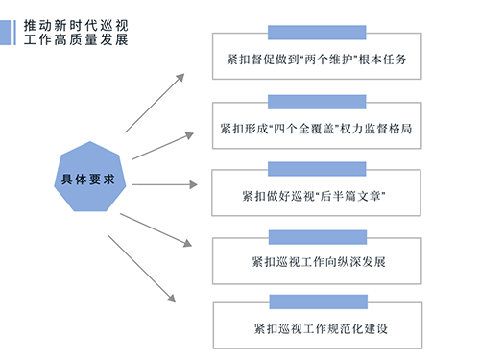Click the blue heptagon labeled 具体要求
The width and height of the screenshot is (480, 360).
pos(87,180)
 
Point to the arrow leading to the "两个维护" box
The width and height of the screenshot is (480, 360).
pos(154,103)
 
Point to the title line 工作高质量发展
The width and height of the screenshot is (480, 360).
pos(71,41)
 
